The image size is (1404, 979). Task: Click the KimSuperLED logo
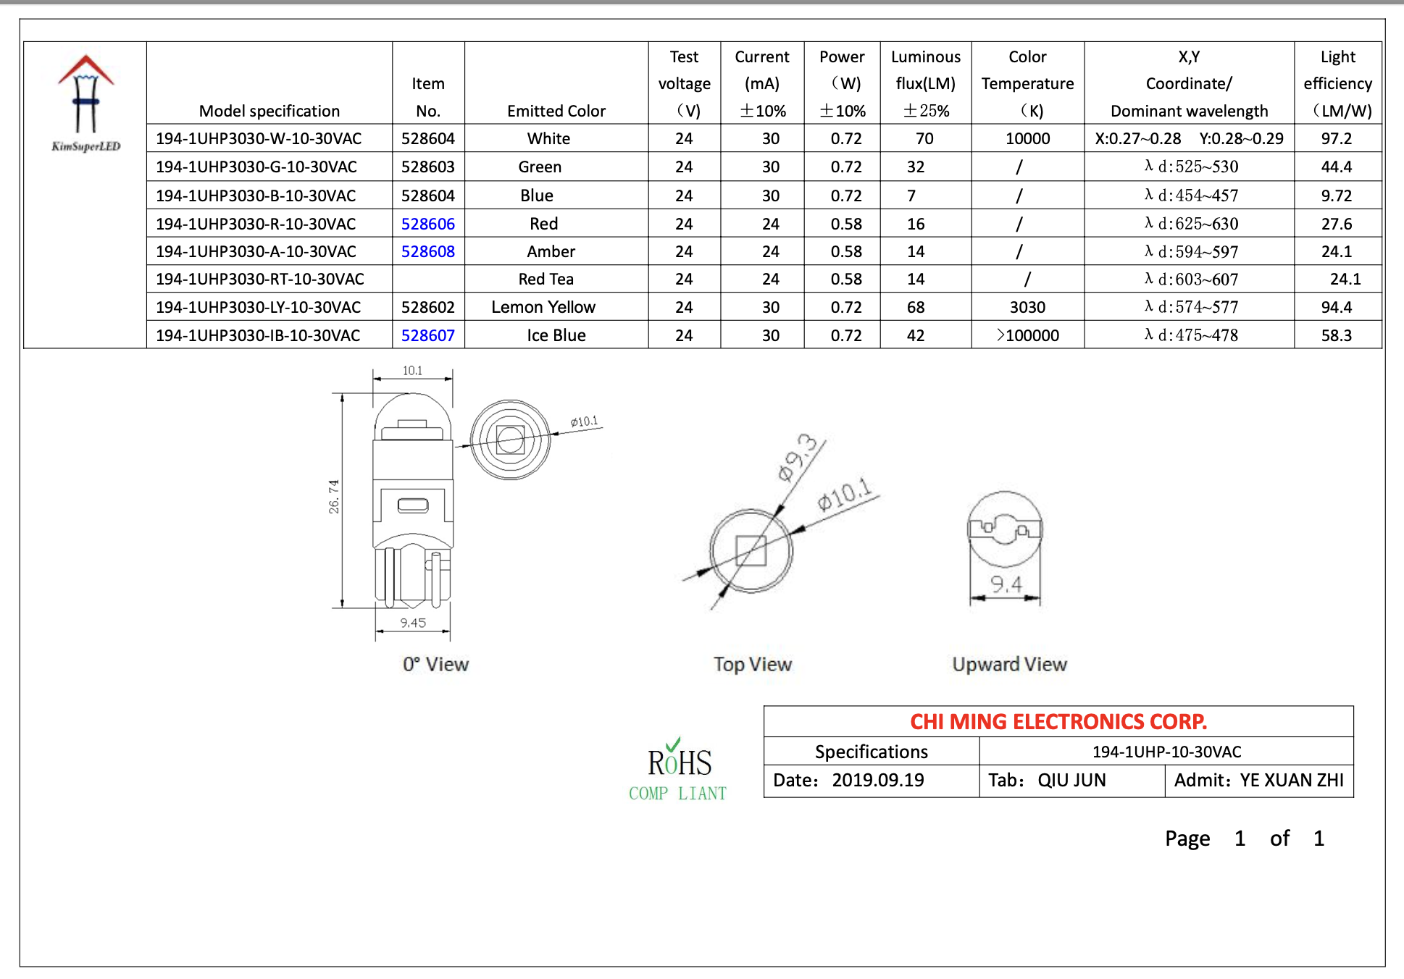tap(85, 104)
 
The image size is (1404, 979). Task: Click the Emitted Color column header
tap(556, 111)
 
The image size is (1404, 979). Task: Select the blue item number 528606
tap(427, 224)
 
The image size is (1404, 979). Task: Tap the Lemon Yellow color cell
tap(543, 307)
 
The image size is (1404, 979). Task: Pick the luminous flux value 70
tap(924, 138)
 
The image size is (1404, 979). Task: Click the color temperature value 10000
tap(1027, 138)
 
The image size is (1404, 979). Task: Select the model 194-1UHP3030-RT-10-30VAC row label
tap(259, 279)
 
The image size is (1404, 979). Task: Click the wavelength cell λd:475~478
tap(1190, 335)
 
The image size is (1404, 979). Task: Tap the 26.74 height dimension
tap(334, 497)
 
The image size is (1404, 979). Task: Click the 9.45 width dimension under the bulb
tap(413, 623)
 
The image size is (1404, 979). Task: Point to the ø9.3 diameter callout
tap(797, 458)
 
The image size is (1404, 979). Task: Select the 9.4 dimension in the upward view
tap(1006, 584)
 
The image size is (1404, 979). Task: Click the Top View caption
tap(752, 664)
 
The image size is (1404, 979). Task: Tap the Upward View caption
tap(1008, 664)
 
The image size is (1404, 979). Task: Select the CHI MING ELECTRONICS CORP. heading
tap(1058, 721)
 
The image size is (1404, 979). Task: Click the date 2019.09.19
tap(877, 780)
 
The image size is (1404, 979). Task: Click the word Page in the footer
tap(1187, 838)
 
